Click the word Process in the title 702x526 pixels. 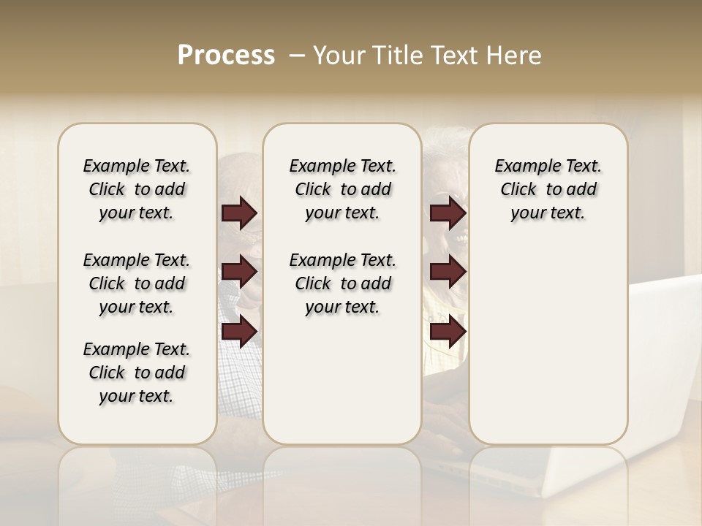226,56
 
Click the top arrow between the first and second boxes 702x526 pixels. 239,213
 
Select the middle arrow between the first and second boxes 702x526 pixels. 239,272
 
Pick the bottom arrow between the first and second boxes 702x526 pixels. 239,332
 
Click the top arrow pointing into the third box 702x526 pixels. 448,213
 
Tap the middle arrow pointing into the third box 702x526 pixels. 448,272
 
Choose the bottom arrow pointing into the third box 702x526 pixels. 448,332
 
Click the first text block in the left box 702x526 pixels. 137,189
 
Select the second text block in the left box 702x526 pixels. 137,283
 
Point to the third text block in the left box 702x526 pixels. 137,373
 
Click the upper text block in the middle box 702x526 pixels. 342,189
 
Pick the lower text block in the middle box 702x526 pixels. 342,283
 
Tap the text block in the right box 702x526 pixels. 548,189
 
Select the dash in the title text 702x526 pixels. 296,56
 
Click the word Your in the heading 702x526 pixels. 339,56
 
